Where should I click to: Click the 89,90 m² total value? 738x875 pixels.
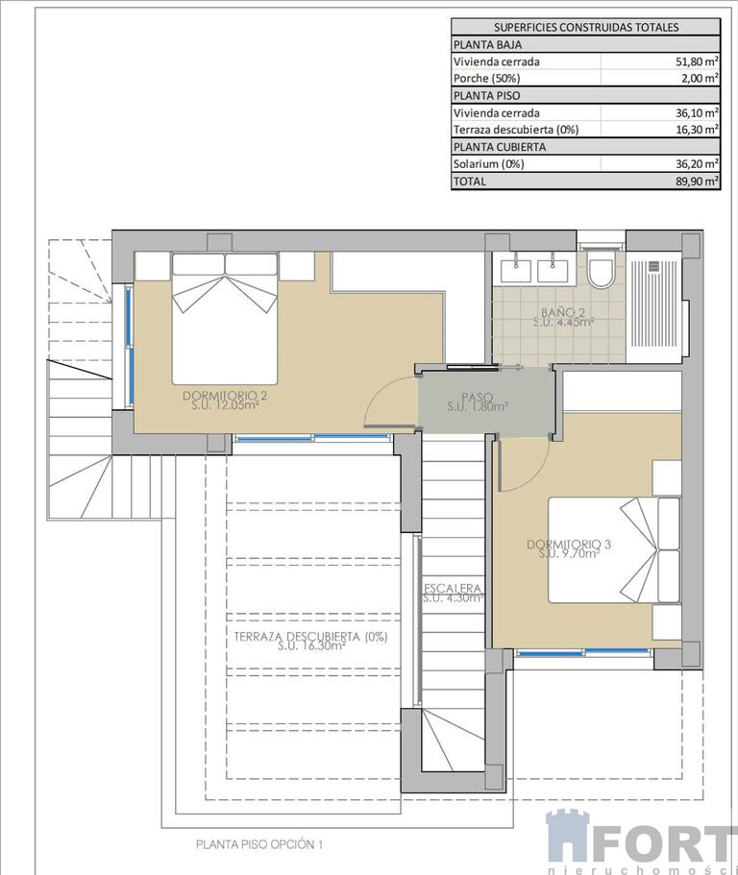pyautogui.click(x=697, y=181)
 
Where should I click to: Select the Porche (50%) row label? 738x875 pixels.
pyautogui.click(x=486, y=78)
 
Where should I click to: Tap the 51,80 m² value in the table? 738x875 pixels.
pyautogui.click(x=697, y=61)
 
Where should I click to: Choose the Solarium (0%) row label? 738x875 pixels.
pyautogui.click(x=488, y=163)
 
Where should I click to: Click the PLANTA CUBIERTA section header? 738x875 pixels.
pyautogui.click(x=500, y=147)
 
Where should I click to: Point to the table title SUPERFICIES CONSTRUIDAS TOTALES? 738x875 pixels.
pyautogui.click(x=586, y=27)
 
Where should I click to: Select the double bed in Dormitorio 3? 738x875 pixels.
pyautogui.click(x=614, y=549)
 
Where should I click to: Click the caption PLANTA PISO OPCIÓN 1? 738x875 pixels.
pyautogui.click(x=259, y=844)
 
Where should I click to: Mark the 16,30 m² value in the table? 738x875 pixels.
pyautogui.click(x=697, y=130)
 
